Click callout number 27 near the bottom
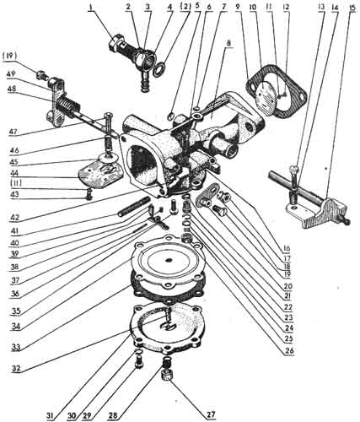[x=212, y=414]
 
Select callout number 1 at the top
[x=91, y=7]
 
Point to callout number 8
[x=228, y=44]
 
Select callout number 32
[x=16, y=368]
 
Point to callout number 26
[x=289, y=350]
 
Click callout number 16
[x=286, y=249]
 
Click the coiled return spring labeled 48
[x=68, y=105]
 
